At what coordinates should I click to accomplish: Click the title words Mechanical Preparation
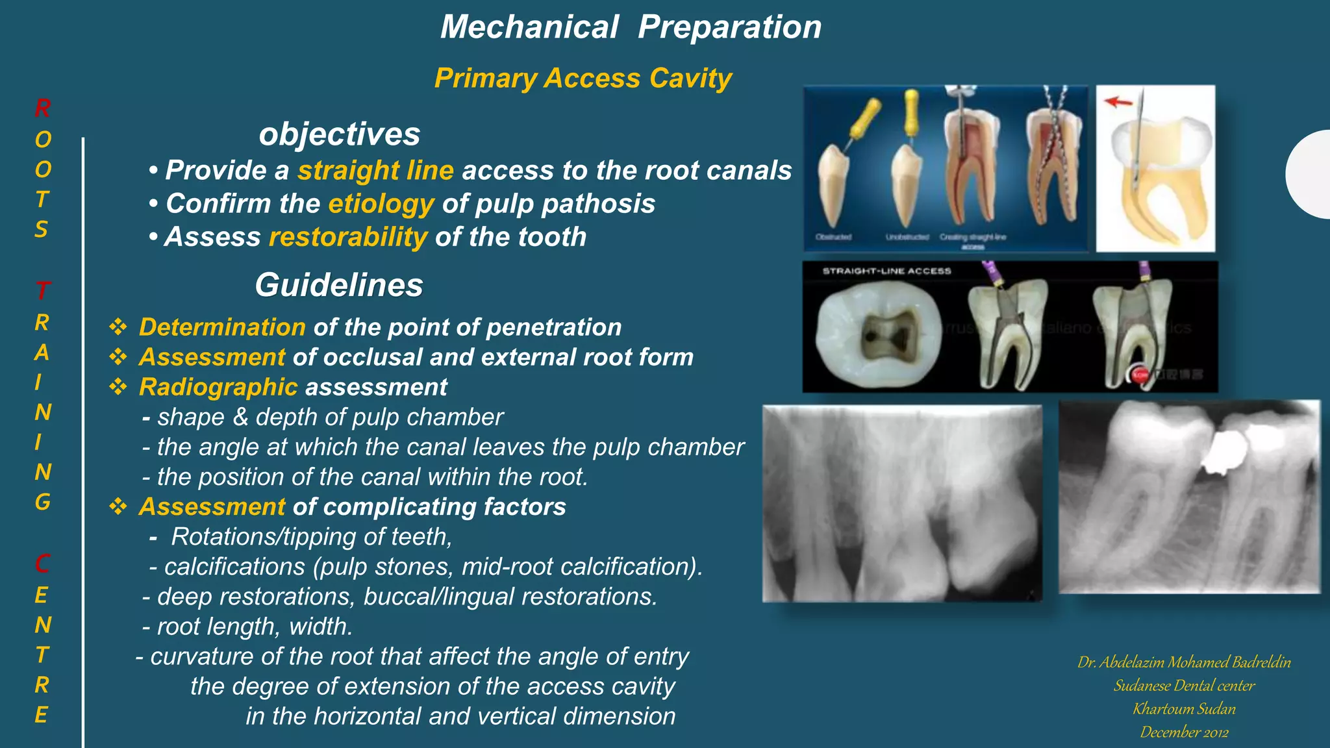pos(631,27)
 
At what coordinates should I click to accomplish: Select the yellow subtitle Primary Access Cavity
pos(583,79)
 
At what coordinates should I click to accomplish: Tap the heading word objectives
pos(339,134)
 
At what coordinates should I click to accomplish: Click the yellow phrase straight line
pos(375,170)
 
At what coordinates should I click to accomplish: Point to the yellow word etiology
pos(381,204)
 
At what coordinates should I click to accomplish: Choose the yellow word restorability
pos(348,237)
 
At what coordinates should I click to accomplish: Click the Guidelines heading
pos(339,285)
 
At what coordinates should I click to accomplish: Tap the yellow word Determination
pos(222,327)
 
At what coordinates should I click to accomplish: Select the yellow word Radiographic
pos(218,387)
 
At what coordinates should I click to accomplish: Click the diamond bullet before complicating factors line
pos(118,506)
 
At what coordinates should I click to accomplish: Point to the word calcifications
pos(234,567)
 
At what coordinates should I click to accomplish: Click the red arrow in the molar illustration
pos(1118,101)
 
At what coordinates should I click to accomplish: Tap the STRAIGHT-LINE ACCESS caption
pos(886,271)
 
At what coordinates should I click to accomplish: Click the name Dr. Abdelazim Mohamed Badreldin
pos(1184,662)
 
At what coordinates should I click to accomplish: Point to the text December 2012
pos(1184,732)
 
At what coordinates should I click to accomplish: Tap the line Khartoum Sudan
pos(1184,709)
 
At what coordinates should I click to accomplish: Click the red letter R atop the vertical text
pos(43,108)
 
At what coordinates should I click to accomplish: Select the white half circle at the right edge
pos(1311,174)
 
